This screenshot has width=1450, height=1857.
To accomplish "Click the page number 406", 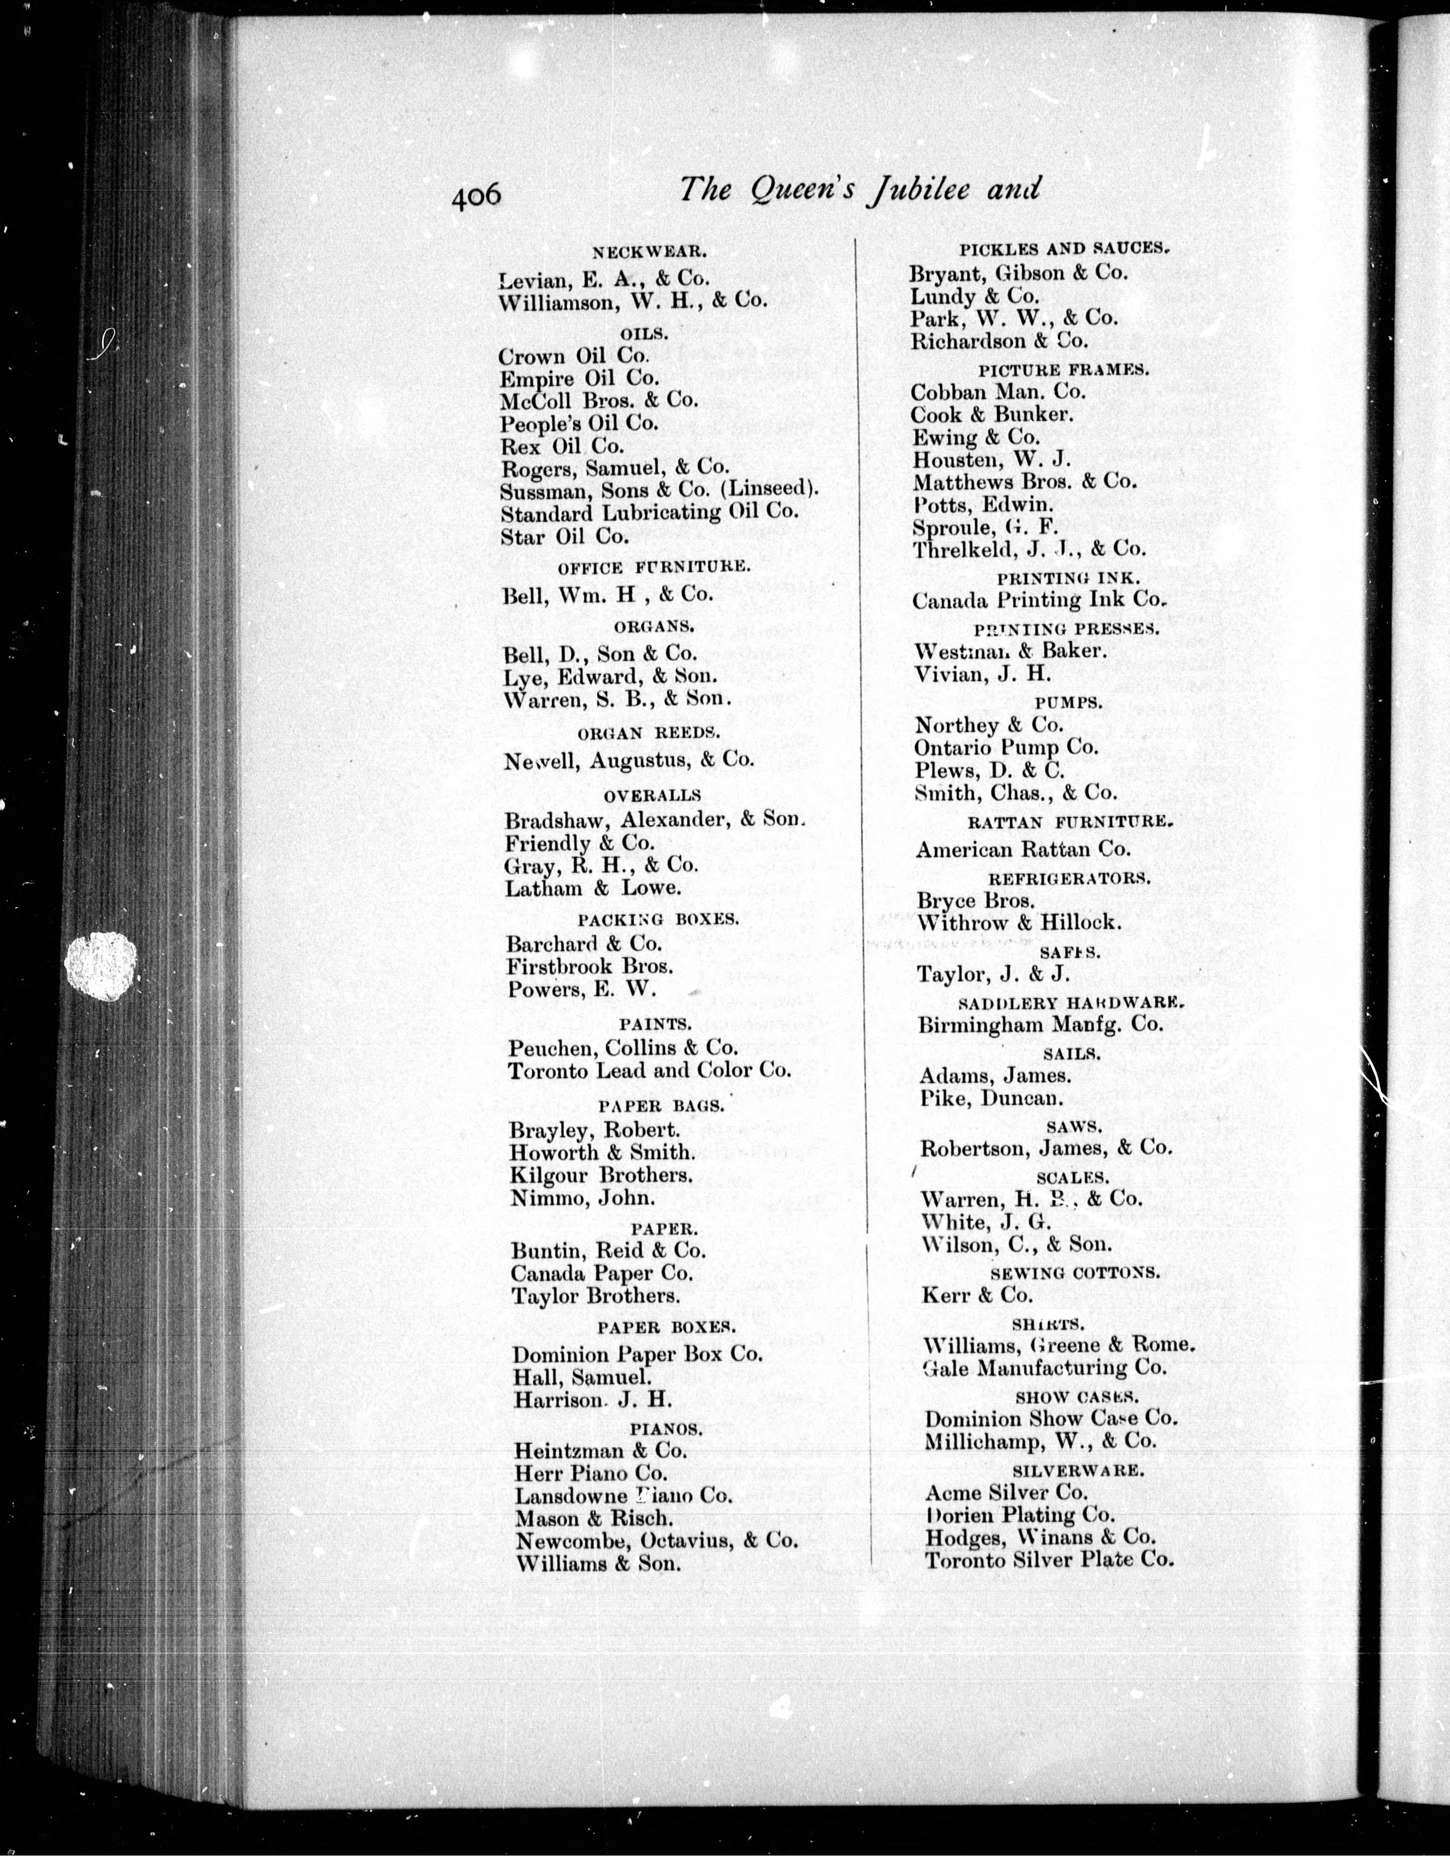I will tap(477, 197).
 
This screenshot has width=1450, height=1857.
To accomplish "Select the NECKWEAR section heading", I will tap(650, 252).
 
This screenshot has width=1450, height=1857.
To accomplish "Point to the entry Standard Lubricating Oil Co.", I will tap(649, 513).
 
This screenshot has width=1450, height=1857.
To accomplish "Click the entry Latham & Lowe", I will tap(592, 889).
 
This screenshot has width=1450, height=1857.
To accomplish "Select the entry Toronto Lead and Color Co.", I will tap(649, 1070).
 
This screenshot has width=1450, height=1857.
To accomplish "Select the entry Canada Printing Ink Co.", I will tap(1039, 600).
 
